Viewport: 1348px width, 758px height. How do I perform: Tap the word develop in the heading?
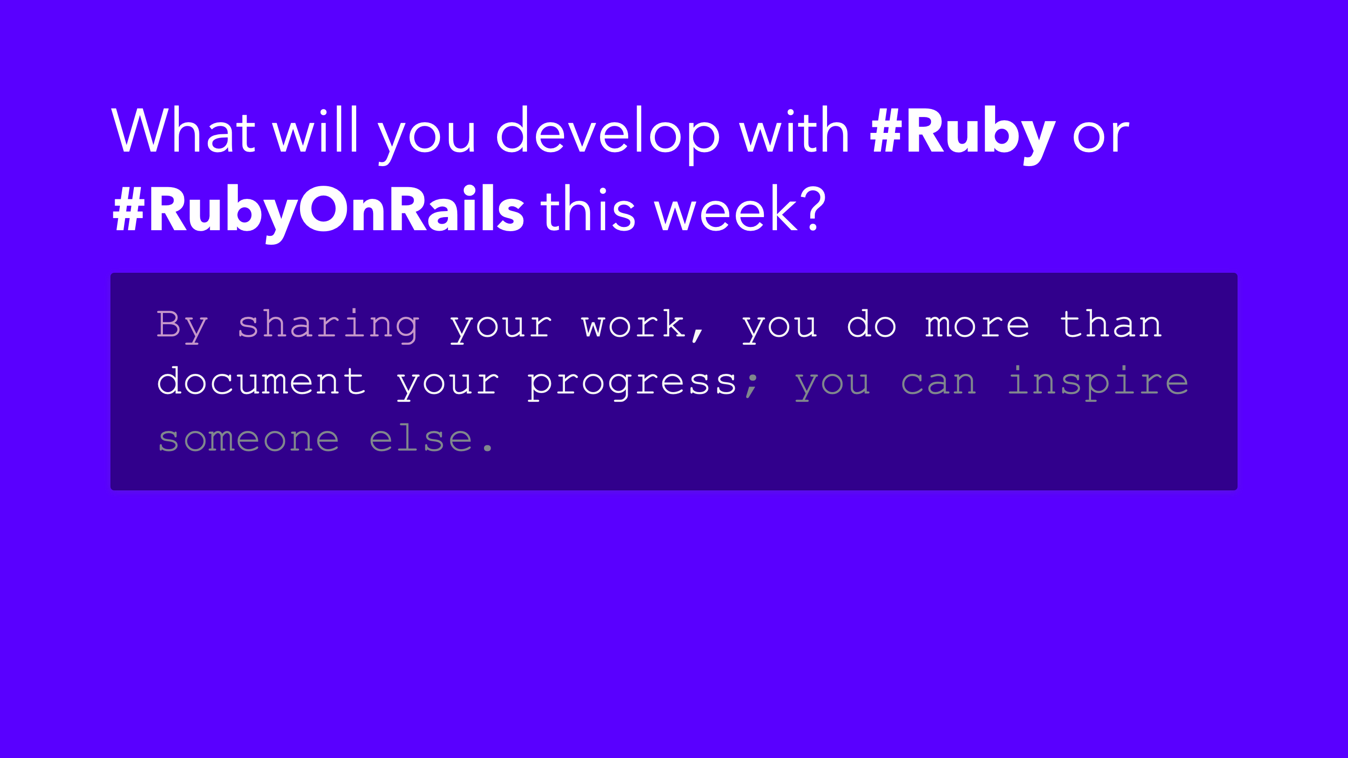point(608,134)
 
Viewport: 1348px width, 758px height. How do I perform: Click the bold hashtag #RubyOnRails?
point(318,212)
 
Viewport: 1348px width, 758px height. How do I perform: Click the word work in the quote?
point(633,324)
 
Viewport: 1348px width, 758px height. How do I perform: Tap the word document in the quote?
point(261,381)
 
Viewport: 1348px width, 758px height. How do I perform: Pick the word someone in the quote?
point(249,439)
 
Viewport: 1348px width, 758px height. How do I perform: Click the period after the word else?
point(488,448)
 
